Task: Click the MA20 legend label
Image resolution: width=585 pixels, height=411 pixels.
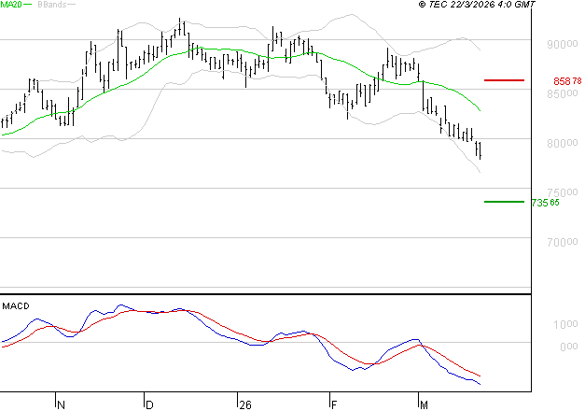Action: pos(12,6)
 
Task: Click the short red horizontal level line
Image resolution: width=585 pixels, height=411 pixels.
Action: pos(505,81)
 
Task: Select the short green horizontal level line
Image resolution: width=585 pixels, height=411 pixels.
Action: pos(505,202)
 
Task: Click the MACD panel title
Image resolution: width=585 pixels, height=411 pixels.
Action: pos(15,305)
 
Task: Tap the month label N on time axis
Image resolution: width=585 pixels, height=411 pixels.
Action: pos(62,405)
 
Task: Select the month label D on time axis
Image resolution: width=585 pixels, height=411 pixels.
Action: pos(150,405)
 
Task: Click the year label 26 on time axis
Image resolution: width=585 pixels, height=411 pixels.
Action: pos(245,405)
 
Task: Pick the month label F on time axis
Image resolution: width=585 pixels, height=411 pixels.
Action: pos(333,405)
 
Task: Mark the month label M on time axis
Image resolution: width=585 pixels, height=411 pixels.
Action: pos(424,405)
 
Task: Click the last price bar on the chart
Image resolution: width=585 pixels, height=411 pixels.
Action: pos(480,149)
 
